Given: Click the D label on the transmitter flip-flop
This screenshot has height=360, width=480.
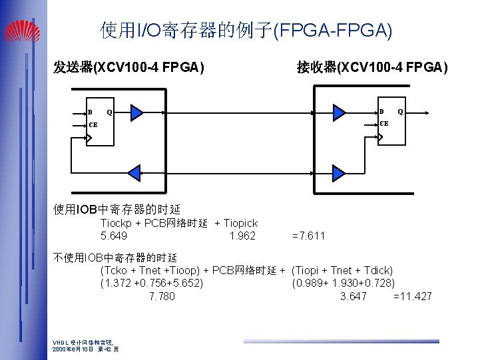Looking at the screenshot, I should [x=90, y=112].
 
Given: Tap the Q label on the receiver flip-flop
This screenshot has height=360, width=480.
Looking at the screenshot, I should [x=400, y=111].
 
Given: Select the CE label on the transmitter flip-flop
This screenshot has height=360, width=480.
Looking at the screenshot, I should [x=93, y=124].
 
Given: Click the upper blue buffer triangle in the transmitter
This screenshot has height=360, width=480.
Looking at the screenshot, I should [x=136, y=112].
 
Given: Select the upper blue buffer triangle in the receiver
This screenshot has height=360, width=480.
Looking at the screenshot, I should [x=340, y=112].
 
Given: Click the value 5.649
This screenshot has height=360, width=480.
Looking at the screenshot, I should [x=114, y=236].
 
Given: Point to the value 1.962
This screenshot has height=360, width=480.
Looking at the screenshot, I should [x=242, y=236].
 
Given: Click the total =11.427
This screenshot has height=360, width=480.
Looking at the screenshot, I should [x=413, y=296].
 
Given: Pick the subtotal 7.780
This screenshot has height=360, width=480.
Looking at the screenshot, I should [x=162, y=296].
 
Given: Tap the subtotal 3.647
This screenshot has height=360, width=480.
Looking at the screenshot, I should [x=353, y=296].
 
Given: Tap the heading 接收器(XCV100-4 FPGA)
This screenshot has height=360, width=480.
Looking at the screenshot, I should [x=372, y=67].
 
